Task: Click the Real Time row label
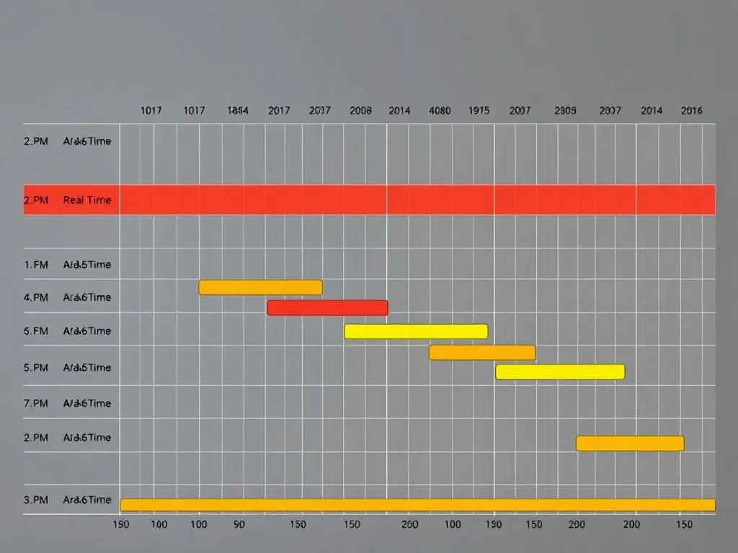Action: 87,200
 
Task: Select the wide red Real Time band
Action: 418,199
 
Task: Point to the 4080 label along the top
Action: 440,111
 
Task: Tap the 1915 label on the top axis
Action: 479,111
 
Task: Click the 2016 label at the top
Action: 691,111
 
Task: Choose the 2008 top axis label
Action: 360,111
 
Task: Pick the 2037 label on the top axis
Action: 319,111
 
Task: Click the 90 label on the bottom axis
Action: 239,525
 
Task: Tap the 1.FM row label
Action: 36,264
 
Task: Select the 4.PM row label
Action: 36,297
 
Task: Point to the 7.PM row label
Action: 36,403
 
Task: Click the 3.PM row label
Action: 36,500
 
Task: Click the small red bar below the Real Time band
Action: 327,308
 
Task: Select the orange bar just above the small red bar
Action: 260,287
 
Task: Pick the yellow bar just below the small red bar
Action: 416,331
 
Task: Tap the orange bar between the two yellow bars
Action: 482,352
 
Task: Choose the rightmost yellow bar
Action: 560,372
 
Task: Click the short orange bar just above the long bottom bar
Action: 630,444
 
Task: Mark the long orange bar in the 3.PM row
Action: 418,505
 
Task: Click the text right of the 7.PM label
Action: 87,403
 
